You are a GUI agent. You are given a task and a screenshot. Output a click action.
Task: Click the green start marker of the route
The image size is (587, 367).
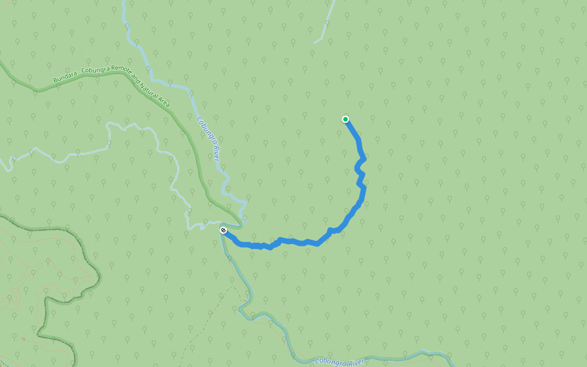point(345,119)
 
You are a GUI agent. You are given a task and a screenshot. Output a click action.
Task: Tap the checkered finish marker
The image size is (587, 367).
point(224,230)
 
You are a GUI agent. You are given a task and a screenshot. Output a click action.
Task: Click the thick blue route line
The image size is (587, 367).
point(293,242)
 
